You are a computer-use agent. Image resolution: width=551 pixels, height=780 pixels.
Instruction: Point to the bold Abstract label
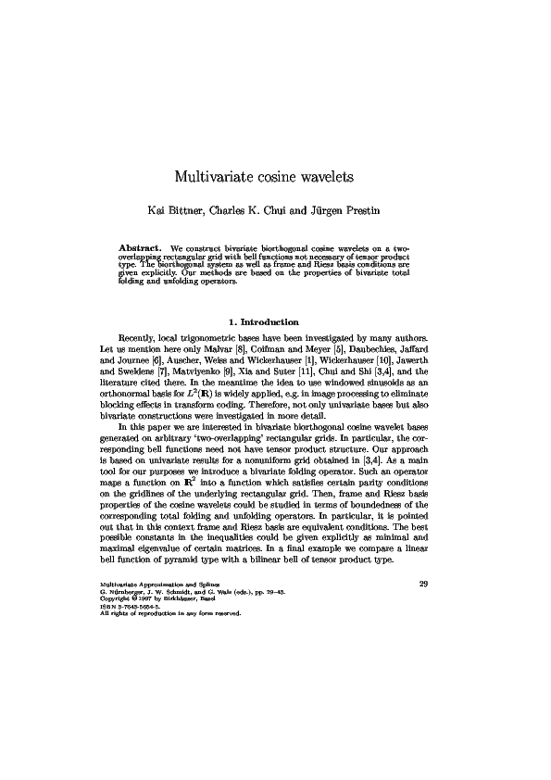(x=142, y=248)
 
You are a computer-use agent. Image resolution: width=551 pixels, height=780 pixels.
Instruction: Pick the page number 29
(x=424, y=584)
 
